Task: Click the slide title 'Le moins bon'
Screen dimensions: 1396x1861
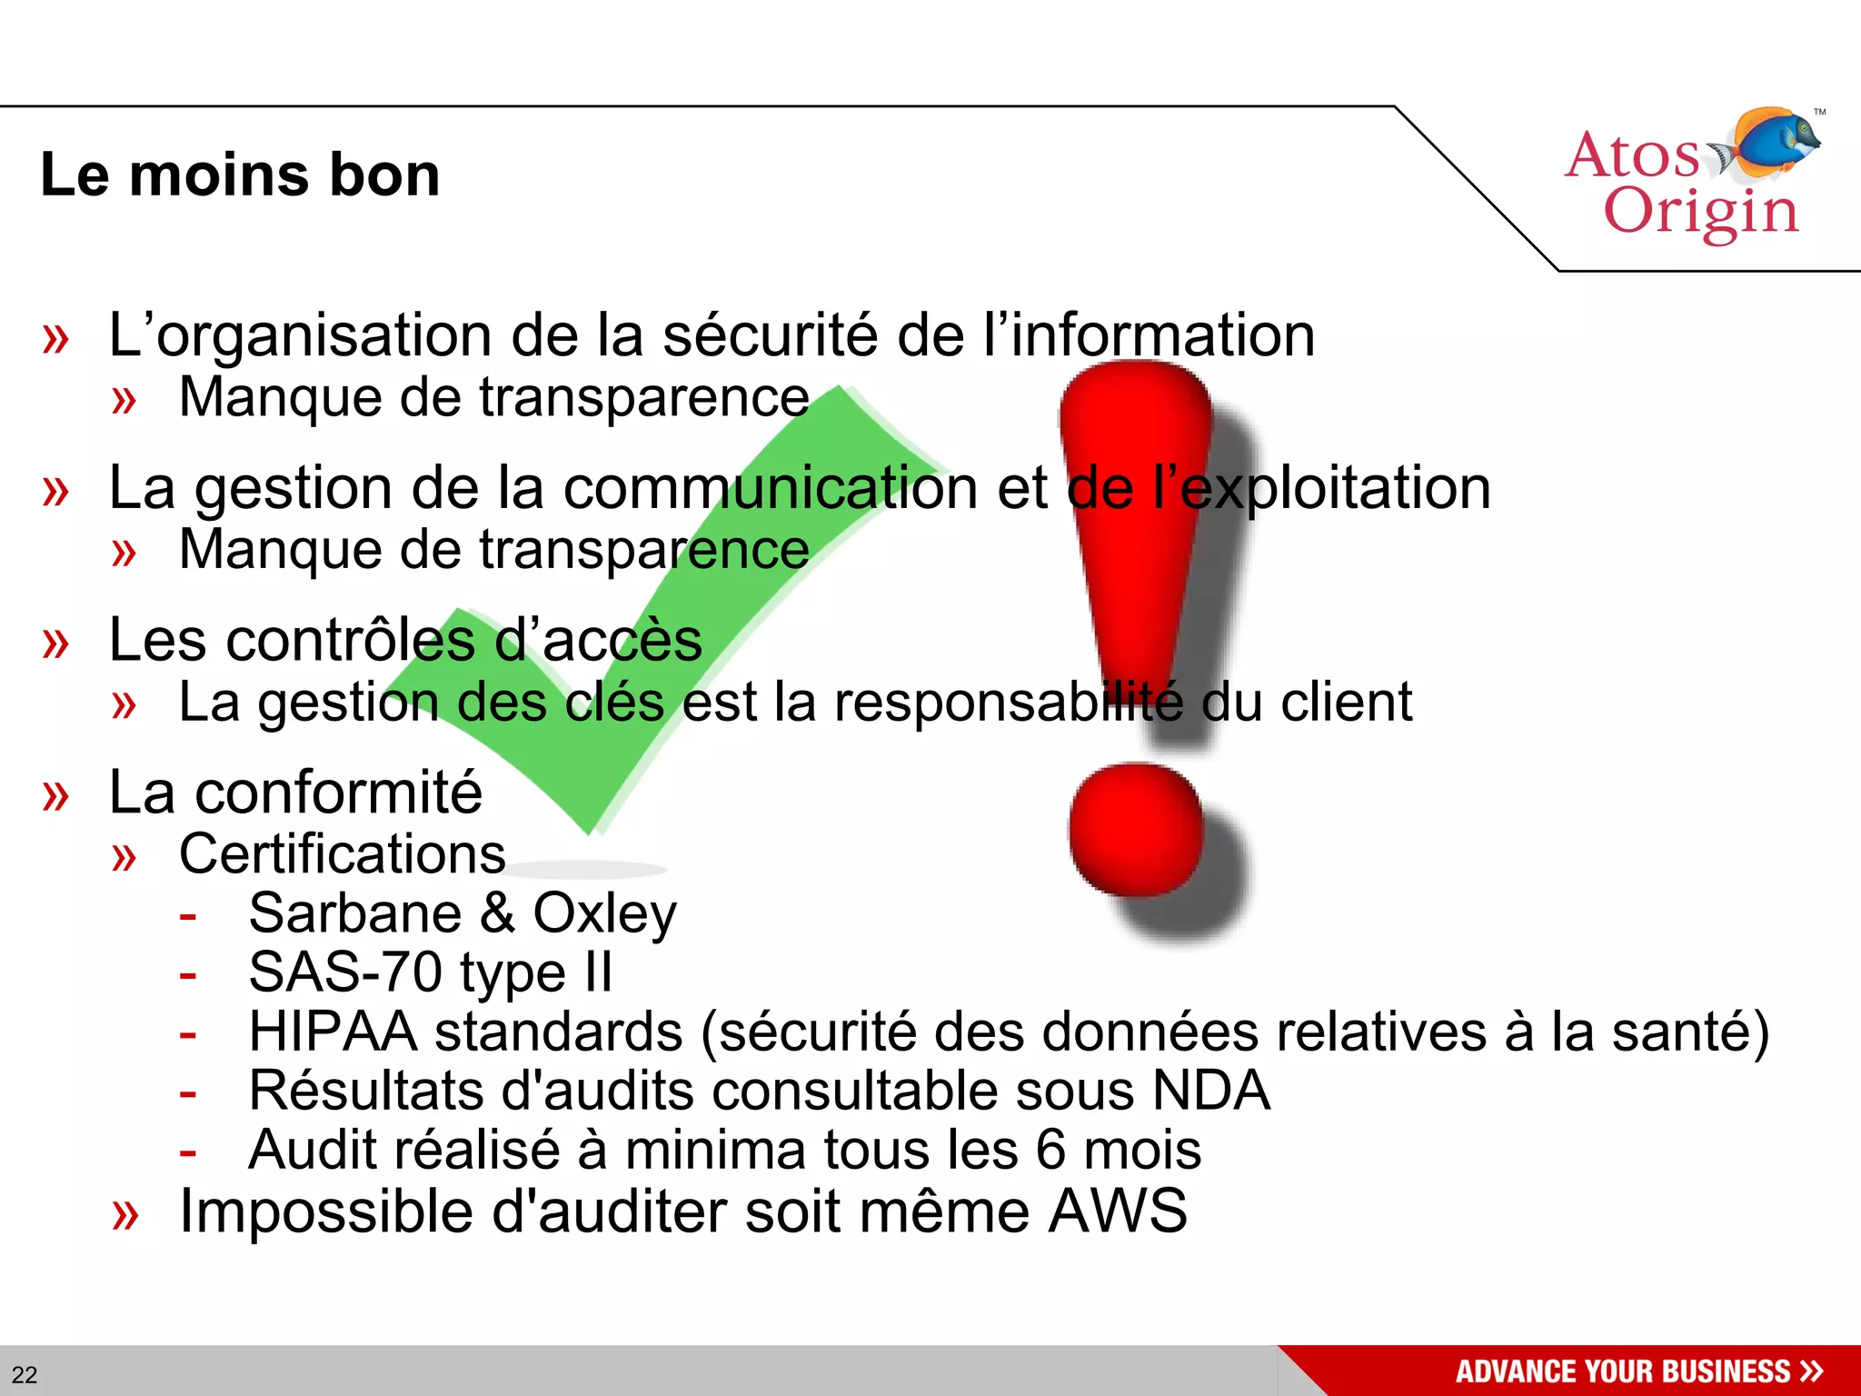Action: [x=240, y=174]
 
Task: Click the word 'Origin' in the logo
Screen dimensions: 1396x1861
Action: [x=1701, y=213]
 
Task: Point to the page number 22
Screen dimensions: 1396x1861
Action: [x=25, y=1374]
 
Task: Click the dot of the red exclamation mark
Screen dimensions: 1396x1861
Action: [x=1136, y=829]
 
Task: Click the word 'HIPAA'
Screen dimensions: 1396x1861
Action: [x=333, y=1032]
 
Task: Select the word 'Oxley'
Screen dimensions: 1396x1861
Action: [x=605, y=913]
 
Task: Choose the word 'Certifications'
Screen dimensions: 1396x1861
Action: [x=342, y=854]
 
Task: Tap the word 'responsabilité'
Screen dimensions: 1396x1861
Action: [x=1009, y=703]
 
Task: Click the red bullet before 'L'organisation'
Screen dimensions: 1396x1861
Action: [x=55, y=339]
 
